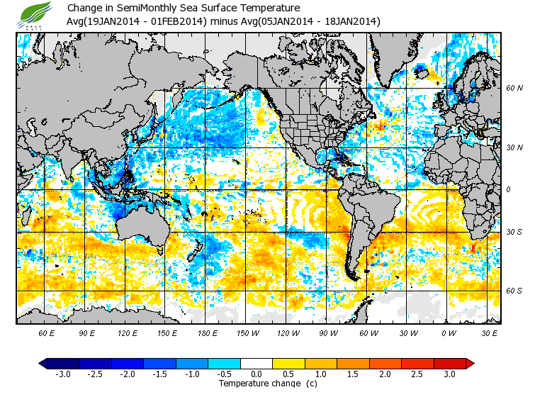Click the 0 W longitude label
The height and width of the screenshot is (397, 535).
[448, 332]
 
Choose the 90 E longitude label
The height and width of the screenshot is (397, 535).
[87, 332]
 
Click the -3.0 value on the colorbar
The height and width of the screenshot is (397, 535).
[63, 374]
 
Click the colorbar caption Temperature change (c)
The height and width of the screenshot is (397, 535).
[258, 384]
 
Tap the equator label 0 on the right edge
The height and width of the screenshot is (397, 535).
[507, 189]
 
